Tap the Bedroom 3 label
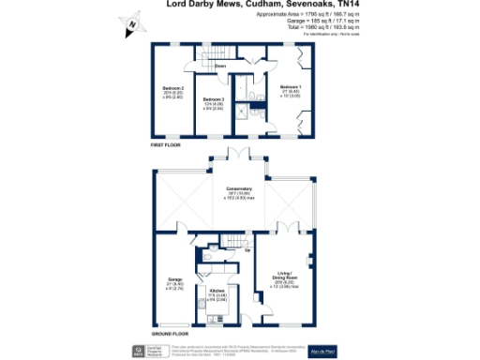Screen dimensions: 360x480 point(216,100)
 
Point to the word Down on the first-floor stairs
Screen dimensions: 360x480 point(220,67)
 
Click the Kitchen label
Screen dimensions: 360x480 point(216,292)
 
